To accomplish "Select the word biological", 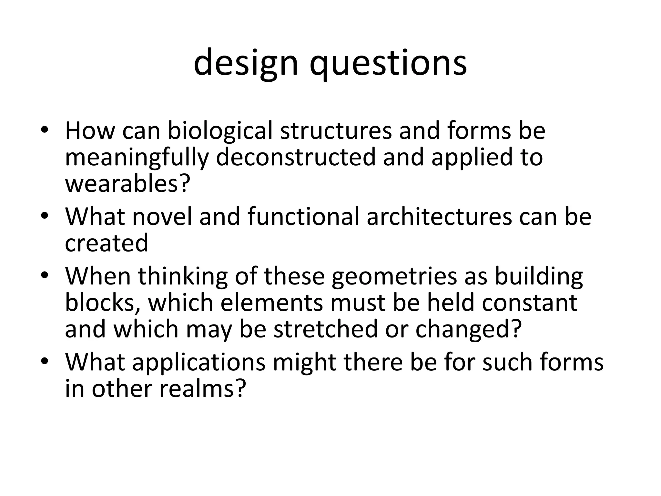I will coord(220,131).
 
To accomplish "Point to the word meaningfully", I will coord(137,158).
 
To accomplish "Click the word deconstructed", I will coord(296,157).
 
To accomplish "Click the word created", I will coord(107,243).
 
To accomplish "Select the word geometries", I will coord(394,277).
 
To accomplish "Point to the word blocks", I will coord(102,303).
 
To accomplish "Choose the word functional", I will coord(303,216).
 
